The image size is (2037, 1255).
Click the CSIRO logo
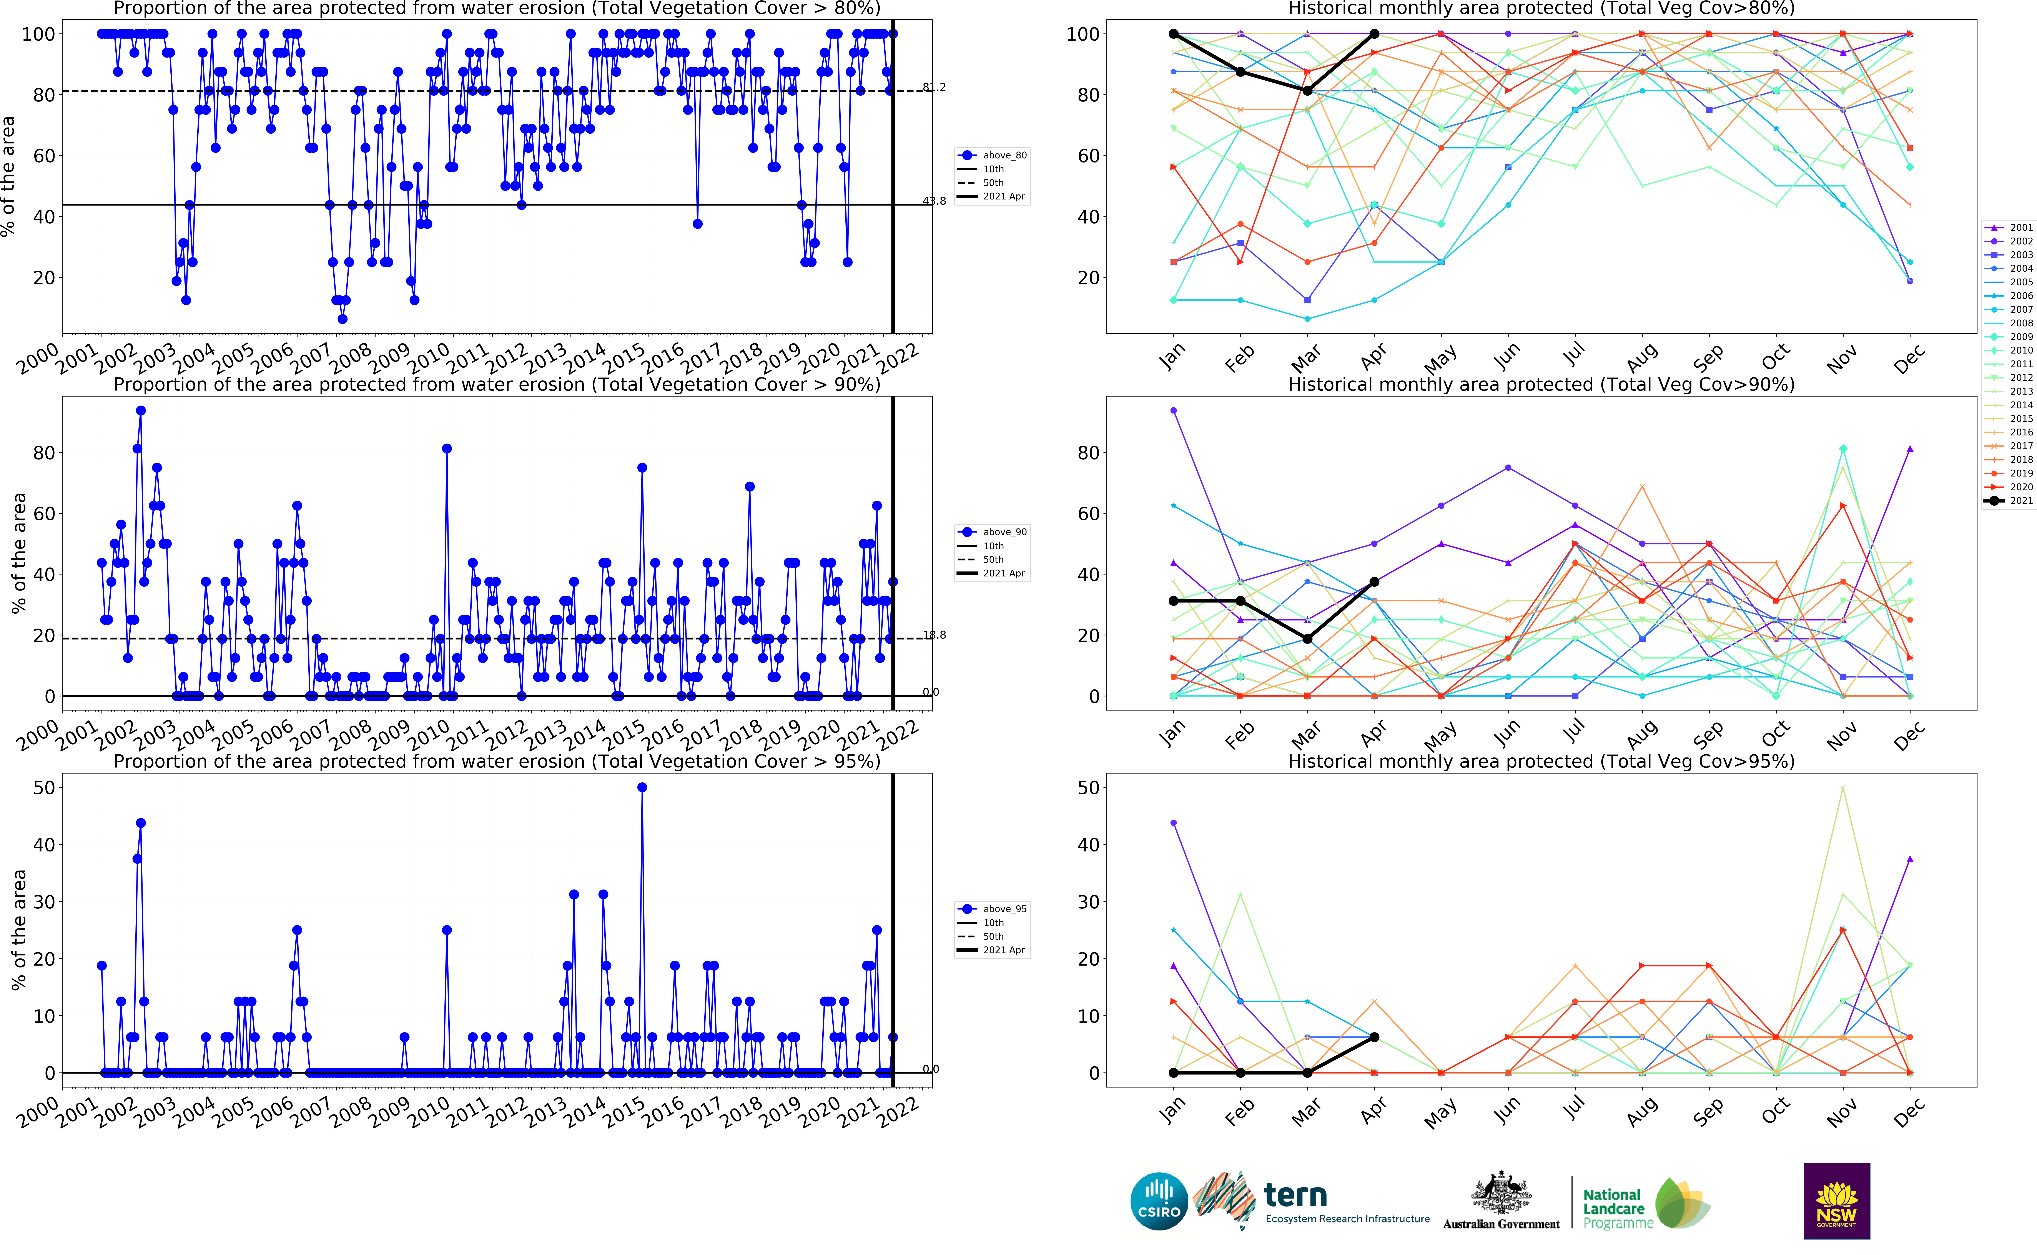coord(1159,1201)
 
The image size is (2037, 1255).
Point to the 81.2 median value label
coord(934,87)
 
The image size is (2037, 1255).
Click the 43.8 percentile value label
coord(934,201)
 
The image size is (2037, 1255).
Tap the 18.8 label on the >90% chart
coord(934,635)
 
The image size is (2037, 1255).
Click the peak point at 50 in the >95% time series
coord(642,788)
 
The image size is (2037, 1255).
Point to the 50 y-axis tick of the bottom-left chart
coord(44,788)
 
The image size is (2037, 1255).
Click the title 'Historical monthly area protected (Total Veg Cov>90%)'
coord(1541,384)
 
